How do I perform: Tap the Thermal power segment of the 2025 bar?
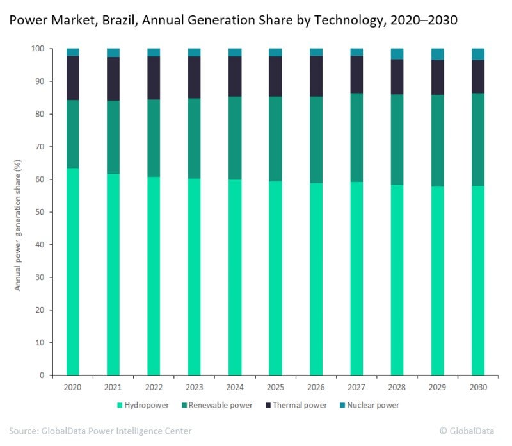click(275, 76)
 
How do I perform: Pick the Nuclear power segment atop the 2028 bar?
click(397, 54)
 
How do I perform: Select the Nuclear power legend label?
click(374, 405)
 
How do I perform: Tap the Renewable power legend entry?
click(221, 405)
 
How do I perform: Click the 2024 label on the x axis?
click(235, 388)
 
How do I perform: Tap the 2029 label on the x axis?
click(438, 388)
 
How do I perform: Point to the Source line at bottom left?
click(100, 431)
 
